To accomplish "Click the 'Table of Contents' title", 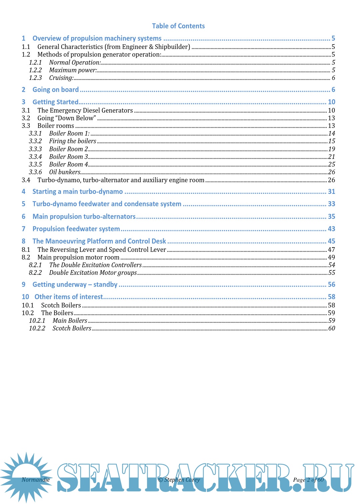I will [178, 26].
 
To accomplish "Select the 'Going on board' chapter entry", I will [56, 90].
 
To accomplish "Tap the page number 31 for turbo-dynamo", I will [331, 192].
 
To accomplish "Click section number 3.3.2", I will [35, 141].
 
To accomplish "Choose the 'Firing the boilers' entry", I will [73, 141].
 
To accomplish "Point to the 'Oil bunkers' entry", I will [65, 172].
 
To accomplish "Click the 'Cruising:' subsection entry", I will [61, 78].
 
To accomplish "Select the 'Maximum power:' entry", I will [73, 70].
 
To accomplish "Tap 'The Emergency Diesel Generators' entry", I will [85, 111].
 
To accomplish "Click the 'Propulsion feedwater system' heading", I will [76, 229].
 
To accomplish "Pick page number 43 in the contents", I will [331, 229].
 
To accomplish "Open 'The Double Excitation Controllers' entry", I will [95, 265].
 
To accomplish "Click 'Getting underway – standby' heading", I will [75, 284].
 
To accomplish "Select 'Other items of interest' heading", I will [69, 297].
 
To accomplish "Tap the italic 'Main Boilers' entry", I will [70, 321].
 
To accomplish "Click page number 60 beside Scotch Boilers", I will [332, 328].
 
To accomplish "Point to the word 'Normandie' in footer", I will [36, 480].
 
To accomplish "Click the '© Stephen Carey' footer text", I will [179, 480].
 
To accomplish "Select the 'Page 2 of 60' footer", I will [308, 480].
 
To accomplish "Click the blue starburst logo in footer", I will [26, 477].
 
